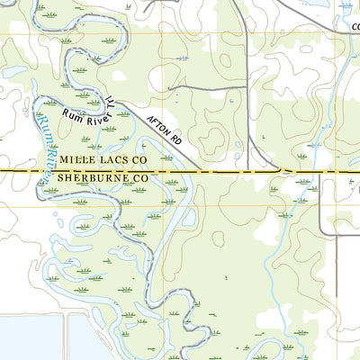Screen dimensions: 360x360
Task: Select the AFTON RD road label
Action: tap(164, 125)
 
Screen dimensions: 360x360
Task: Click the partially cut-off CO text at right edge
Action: tap(355, 27)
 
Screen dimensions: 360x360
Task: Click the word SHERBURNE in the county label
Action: tap(90, 179)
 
